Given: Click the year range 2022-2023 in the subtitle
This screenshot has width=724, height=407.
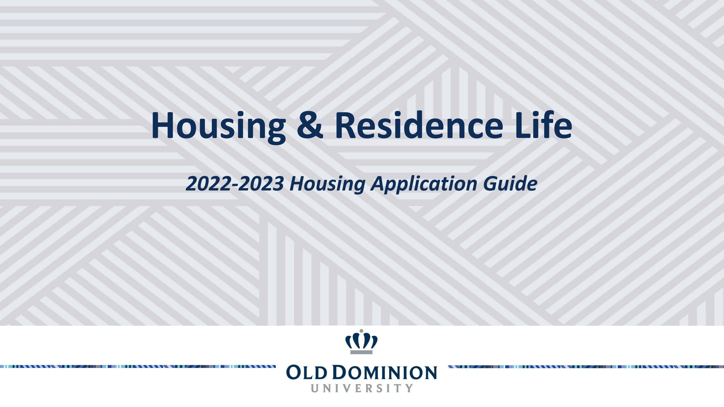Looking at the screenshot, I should click(234, 184).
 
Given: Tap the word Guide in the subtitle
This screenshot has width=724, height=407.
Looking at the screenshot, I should click(510, 184).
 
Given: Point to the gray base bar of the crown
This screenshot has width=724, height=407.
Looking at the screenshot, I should click(362, 352).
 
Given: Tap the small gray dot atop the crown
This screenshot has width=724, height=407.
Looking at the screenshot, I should click(362, 331).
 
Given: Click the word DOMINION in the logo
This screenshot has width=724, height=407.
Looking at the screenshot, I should click(386, 373).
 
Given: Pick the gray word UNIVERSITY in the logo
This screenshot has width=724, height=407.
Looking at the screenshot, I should click(362, 388).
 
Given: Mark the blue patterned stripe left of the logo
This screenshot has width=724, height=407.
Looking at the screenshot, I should click(138, 366).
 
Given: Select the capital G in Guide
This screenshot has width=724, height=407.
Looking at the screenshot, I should click(490, 184).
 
